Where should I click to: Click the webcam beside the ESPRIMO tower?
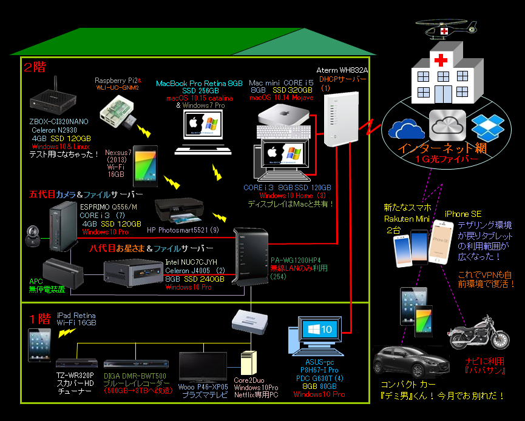point(32,234)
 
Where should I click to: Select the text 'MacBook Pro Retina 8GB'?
point(200,83)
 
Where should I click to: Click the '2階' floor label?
point(34,67)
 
